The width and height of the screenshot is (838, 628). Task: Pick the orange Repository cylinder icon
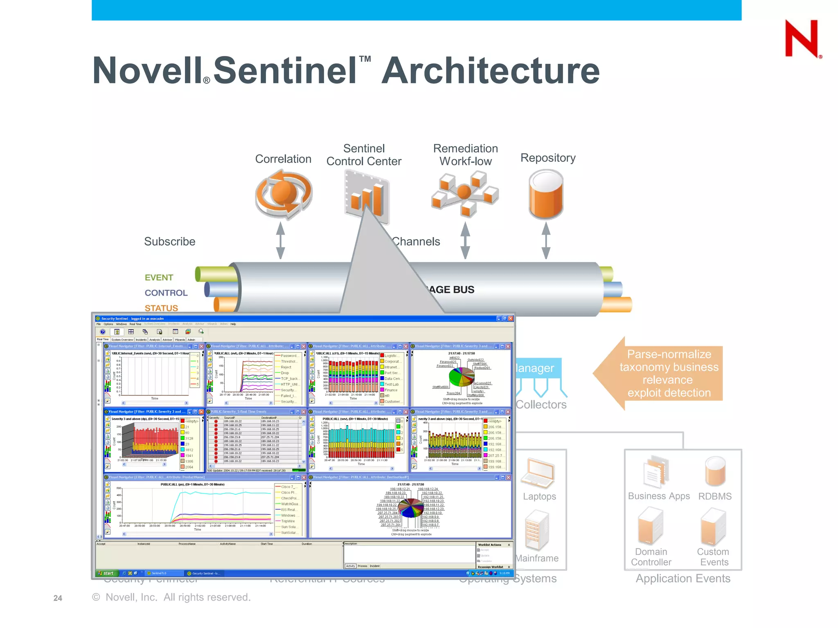[x=546, y=194]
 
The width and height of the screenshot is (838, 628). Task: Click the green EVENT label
[x=159, y=278]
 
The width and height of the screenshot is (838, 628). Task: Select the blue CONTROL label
[x=166, y=293]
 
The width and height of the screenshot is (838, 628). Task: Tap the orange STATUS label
[x=161, y=308]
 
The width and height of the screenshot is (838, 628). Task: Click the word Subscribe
[x=169, y=242]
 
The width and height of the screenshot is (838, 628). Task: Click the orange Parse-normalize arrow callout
[x=663, y=373]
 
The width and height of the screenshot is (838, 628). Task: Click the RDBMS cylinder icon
[x=715, y=471]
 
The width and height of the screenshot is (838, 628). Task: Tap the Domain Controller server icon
[x=650, y=526]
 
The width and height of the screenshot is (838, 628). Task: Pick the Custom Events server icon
[x=713, y=526]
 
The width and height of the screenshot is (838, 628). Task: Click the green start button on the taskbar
[x=106, y=573]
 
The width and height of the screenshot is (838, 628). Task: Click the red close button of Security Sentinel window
[x=510, y=318]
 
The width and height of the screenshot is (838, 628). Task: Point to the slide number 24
[x=58, y=598]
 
